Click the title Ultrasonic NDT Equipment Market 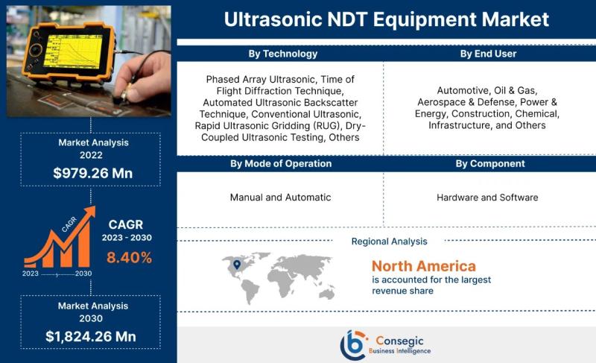tap(386, 19)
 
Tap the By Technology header tap(283, 54)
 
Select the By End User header tap(488, 54)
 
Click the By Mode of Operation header tap(281, 163)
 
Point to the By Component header tap(490, 163)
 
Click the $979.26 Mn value tap(92, 174)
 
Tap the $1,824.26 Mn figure tap(91, 336)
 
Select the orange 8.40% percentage tap(129, 258)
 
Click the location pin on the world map tap(237, 265)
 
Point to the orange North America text tap(424, 266)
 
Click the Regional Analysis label tap(389, 242)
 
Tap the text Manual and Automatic tap(281, 198)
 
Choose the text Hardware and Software tap(487, 198)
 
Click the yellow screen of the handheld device tap(72, 52)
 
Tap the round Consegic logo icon tap(353, 345)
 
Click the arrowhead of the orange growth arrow tap(90, 212)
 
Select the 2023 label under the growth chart tap(31, 274)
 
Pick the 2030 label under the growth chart tap(83, 274)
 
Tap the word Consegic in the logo tap(399, 341)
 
